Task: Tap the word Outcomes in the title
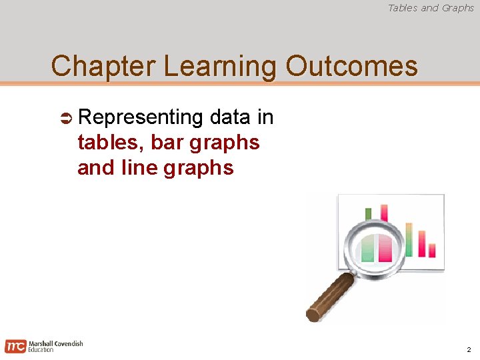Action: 352,67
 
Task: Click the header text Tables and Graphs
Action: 431,8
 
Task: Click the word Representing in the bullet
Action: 140,117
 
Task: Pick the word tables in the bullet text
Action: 111,143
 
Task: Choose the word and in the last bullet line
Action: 95,167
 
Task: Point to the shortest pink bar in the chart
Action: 432,250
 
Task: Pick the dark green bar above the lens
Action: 368,213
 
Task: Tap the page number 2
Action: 469,350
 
